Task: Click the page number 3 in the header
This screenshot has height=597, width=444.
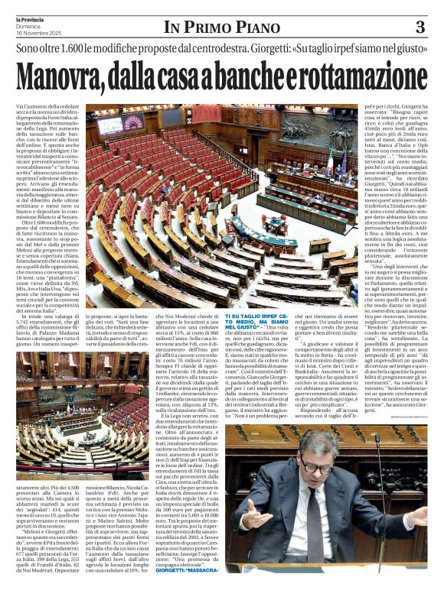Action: [x=420, y=28]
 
